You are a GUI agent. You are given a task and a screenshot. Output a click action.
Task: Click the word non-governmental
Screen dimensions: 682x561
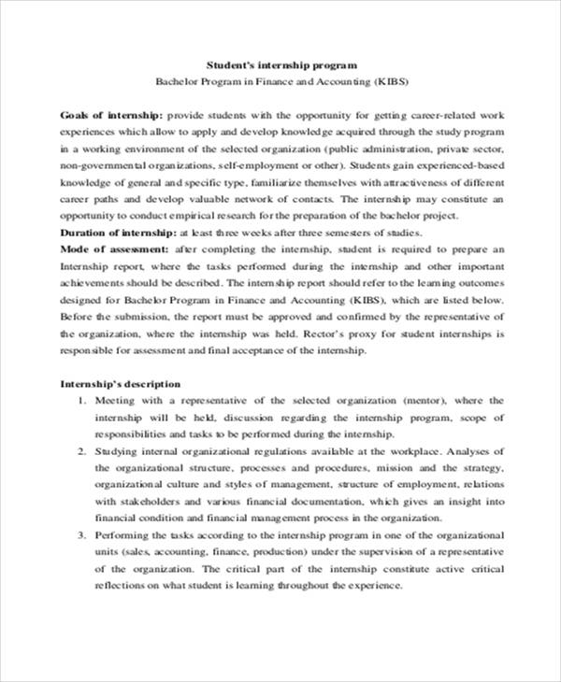point(96,164)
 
